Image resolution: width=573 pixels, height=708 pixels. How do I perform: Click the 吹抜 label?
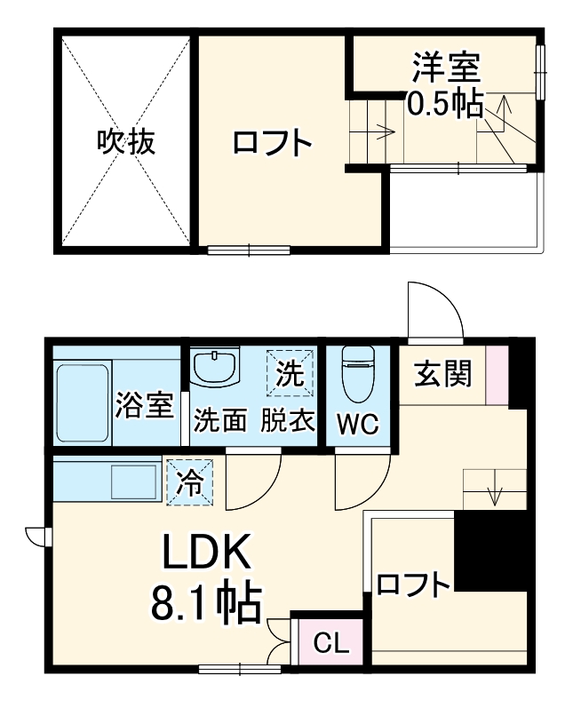tap(126, 142)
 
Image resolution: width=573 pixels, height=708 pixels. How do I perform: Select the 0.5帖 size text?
tap(444, 104)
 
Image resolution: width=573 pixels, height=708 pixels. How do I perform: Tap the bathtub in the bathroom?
tap(82, 402)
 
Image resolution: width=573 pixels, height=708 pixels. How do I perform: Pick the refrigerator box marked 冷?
tap(190, 481)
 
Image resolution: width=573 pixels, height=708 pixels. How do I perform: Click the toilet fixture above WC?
tap(360, 374)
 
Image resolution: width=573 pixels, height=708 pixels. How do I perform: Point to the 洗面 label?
tap(219, 419)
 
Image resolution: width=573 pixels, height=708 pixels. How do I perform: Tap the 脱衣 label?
tap(289, 419)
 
